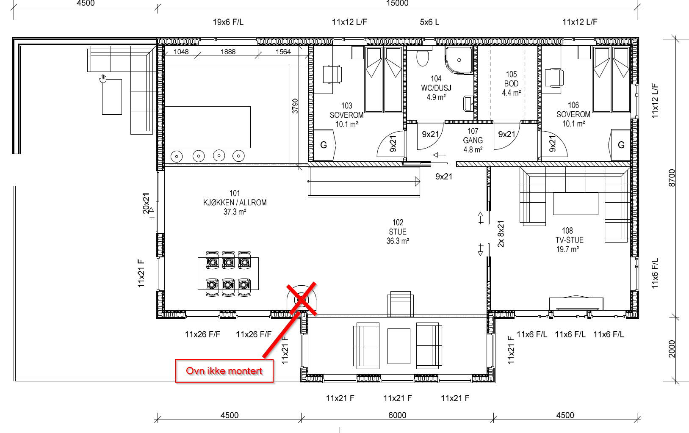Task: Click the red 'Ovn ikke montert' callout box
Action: pos(224,371)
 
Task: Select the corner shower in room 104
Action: pos(459,60)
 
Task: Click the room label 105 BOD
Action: pos(511,83)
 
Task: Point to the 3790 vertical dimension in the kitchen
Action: pos(295,106)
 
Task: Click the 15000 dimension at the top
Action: pos(397,3)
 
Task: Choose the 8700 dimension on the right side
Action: pos(672,178)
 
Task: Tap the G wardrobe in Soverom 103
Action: pos(323,145)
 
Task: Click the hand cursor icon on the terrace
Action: pos(103,79)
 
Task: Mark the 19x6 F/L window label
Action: pos(228,22)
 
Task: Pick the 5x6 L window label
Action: pos(429,22)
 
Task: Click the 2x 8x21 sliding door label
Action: pos(501,234)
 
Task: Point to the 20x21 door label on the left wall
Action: pos(146,203)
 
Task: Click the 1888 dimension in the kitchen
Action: pos(228,52)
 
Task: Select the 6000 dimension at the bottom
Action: pos(397,415)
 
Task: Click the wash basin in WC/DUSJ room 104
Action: pos(468,104)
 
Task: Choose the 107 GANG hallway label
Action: pos(473,140)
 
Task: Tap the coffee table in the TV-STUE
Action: pos(576,204)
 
